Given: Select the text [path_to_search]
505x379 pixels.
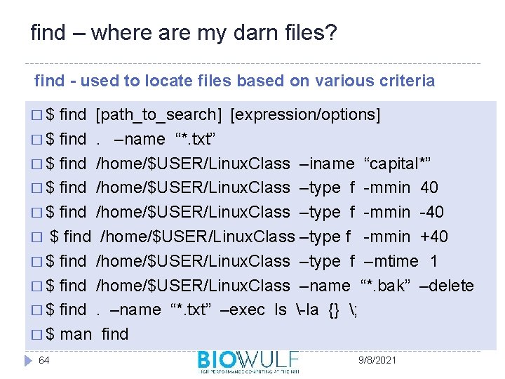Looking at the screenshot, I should pos(159,114).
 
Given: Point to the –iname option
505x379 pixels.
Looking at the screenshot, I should pos(327,164).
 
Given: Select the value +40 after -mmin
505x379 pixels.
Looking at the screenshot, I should pos(435,237).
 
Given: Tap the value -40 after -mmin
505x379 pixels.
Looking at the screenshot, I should pos(431,212).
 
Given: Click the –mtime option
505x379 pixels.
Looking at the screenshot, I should pos(391,261).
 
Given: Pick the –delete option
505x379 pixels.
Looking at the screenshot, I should pos(447,286).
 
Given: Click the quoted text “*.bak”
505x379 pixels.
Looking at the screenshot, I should pos(385,286).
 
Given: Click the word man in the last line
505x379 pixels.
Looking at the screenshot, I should pos(76,334).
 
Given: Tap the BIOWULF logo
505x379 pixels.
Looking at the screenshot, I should pos(248,361).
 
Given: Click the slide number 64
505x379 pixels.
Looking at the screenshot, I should pos(44,360).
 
